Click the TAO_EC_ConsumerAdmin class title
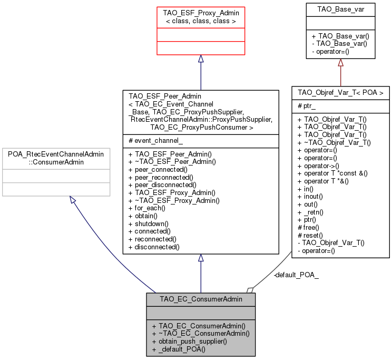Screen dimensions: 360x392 [x=201, y=299]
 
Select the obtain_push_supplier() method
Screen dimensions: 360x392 [x=189, y=341]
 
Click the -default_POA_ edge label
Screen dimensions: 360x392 [x=296, y=275]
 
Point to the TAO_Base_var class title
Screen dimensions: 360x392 [x=340, y=9]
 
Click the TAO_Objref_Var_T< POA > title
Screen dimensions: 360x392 [x=340, y=92]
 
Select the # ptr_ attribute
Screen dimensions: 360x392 [x=307, y=105]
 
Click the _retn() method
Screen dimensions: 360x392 [x=312, y=212]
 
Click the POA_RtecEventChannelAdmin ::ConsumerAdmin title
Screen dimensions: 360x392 [x=55, y=157]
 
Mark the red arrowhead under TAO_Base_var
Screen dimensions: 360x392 [x=340, y=63]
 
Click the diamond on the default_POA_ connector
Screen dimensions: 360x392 [x=250, y=289]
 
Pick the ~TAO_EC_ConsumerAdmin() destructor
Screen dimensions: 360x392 [x=200, y=333]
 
